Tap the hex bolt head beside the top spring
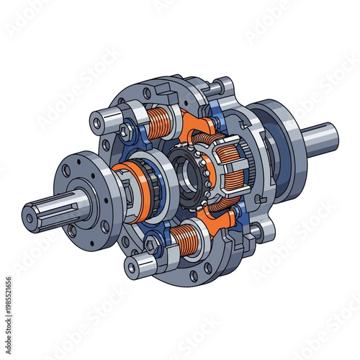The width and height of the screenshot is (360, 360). tap(127, 131)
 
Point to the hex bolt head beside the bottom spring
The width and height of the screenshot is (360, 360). tap(152, 246)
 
